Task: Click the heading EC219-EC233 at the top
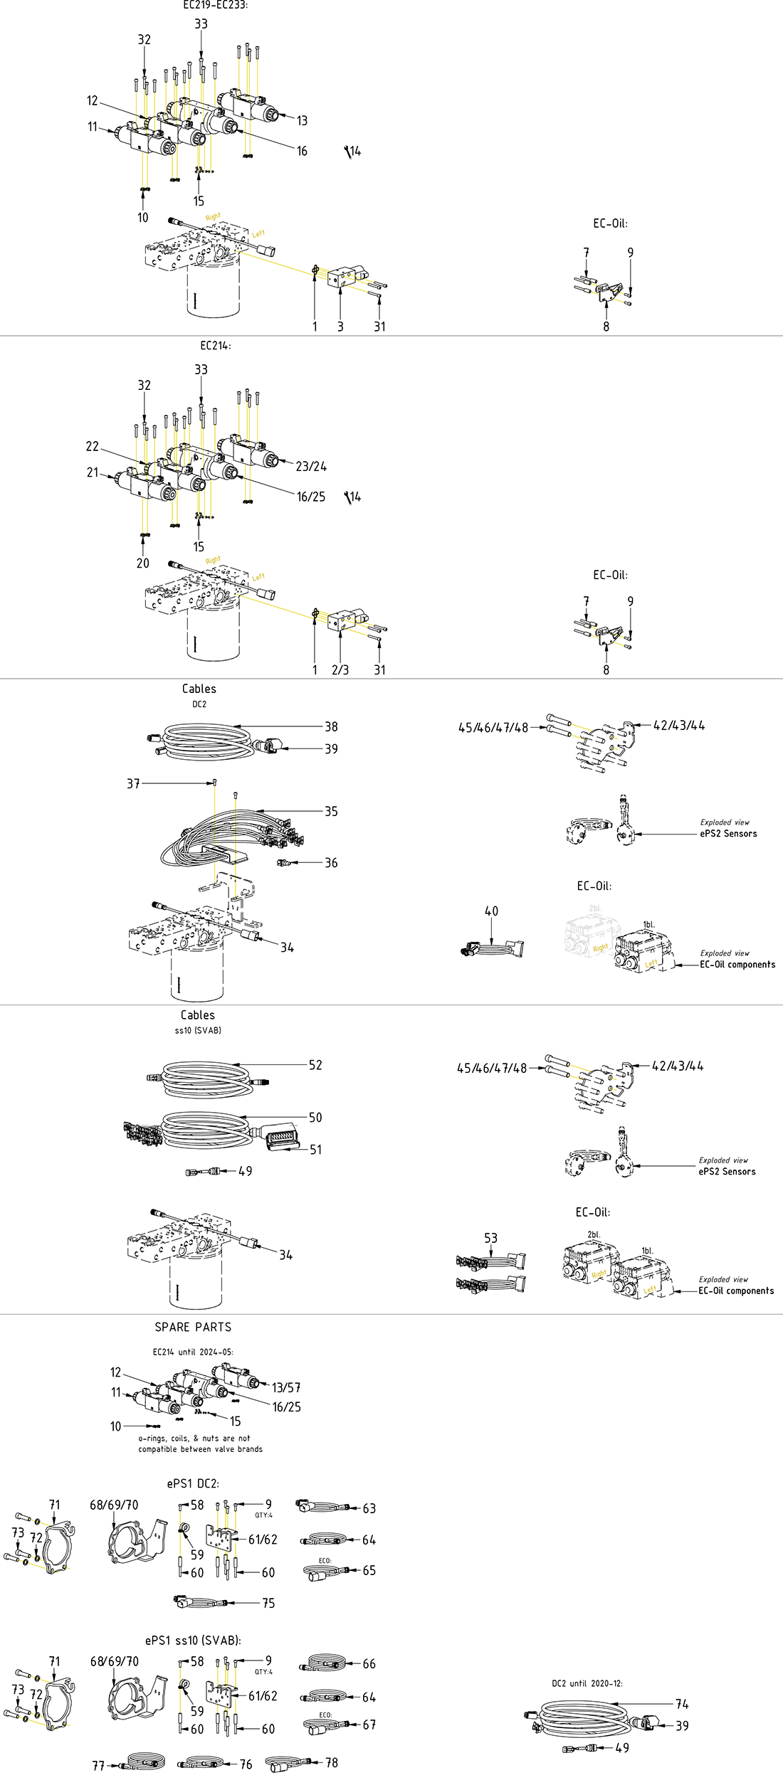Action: click(215, 5)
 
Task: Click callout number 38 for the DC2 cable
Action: click(331, 726)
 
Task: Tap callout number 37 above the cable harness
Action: click(133, 783)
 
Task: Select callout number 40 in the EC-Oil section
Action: click(491, 911)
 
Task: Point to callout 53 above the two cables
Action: click(490, 1238)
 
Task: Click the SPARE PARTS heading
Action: click(193, 1327)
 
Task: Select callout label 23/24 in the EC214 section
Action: click(311, 466)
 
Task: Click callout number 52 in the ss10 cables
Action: click(315, 1064)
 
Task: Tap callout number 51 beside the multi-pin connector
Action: click(315, 1149)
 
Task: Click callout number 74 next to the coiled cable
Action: click(682, 1704)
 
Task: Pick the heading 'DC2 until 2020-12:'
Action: click(587, 1683)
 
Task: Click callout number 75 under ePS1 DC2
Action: click(268, 1603)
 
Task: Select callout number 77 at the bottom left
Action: click(98, 1766)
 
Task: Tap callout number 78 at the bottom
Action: click(332, 1762)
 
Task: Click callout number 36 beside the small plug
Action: click(331, 862)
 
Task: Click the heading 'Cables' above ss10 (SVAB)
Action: click(197, 1015)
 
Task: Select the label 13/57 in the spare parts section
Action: click(286, 1387)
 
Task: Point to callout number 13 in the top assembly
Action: click(302, 120)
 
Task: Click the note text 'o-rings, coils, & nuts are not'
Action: click(194, 1438)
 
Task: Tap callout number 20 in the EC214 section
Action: click(142, 563)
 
